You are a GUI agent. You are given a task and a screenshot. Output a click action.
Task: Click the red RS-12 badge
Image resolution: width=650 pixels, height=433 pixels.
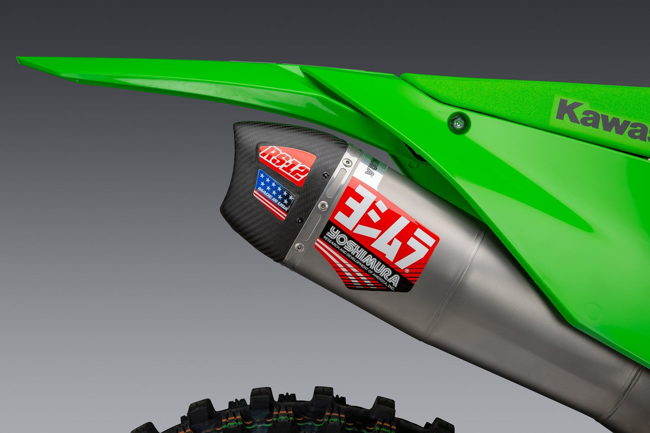[287, 164]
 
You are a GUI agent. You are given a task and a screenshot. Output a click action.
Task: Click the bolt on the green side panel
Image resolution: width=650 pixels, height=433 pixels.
[458, 122]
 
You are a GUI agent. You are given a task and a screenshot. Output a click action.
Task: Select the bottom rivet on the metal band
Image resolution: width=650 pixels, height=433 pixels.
[299, 247]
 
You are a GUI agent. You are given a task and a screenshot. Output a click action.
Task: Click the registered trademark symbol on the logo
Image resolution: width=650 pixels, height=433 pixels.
[407, 271]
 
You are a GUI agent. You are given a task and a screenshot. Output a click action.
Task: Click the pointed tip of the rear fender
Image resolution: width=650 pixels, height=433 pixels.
[20, 59]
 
